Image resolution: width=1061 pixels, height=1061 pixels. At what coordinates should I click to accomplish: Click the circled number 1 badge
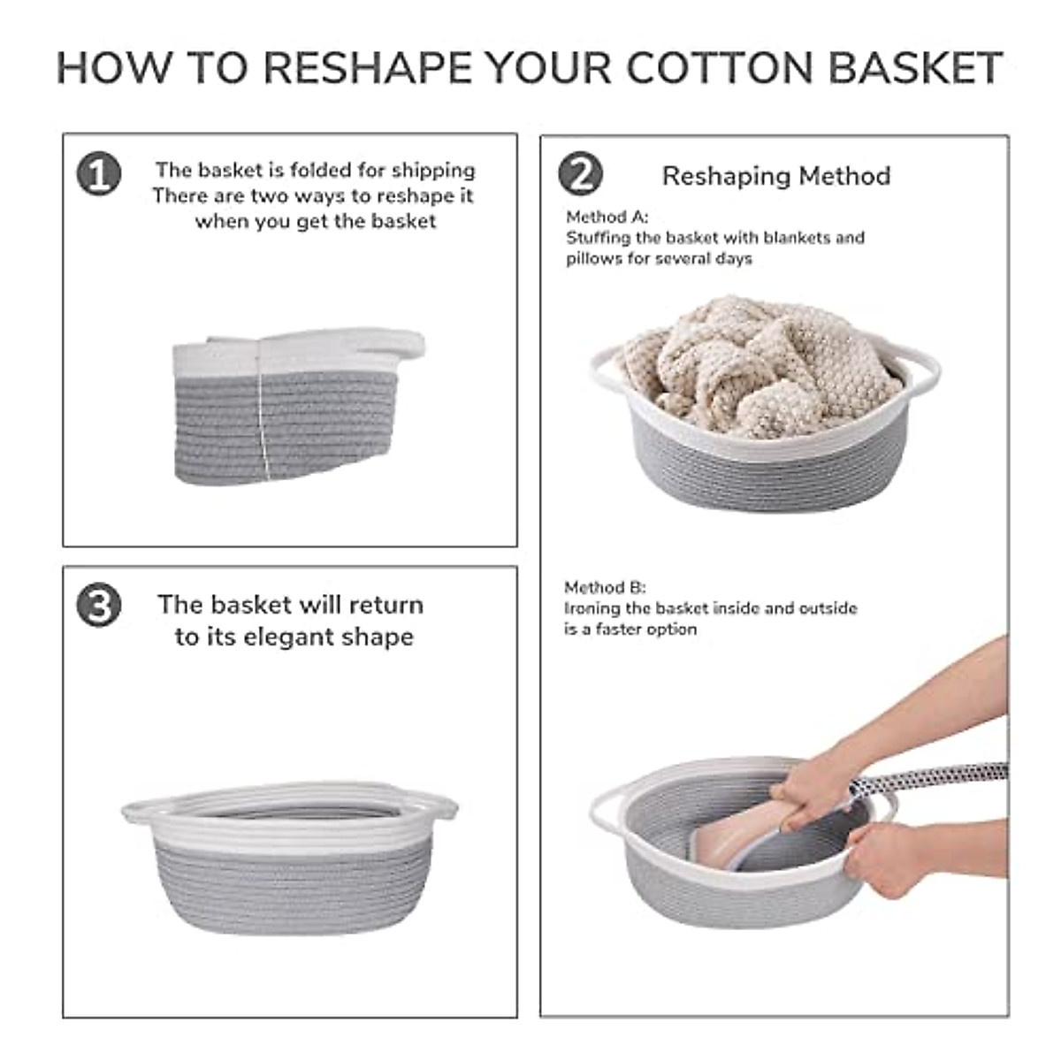[x=98, y=173]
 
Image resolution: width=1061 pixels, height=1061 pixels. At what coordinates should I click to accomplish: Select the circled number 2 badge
[x=580, y=173]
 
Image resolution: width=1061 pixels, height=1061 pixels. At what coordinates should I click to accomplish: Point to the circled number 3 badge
[x=98, y=607]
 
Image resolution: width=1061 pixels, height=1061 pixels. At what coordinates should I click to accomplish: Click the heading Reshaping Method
[x=775, y=176]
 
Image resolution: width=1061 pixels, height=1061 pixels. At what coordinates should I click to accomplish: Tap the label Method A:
[x=607, y=217]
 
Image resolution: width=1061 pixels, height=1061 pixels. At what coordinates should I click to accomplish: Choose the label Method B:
[x=605, y=587]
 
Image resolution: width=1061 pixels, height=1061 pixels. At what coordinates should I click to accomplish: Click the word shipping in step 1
[x=433, y=170]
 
